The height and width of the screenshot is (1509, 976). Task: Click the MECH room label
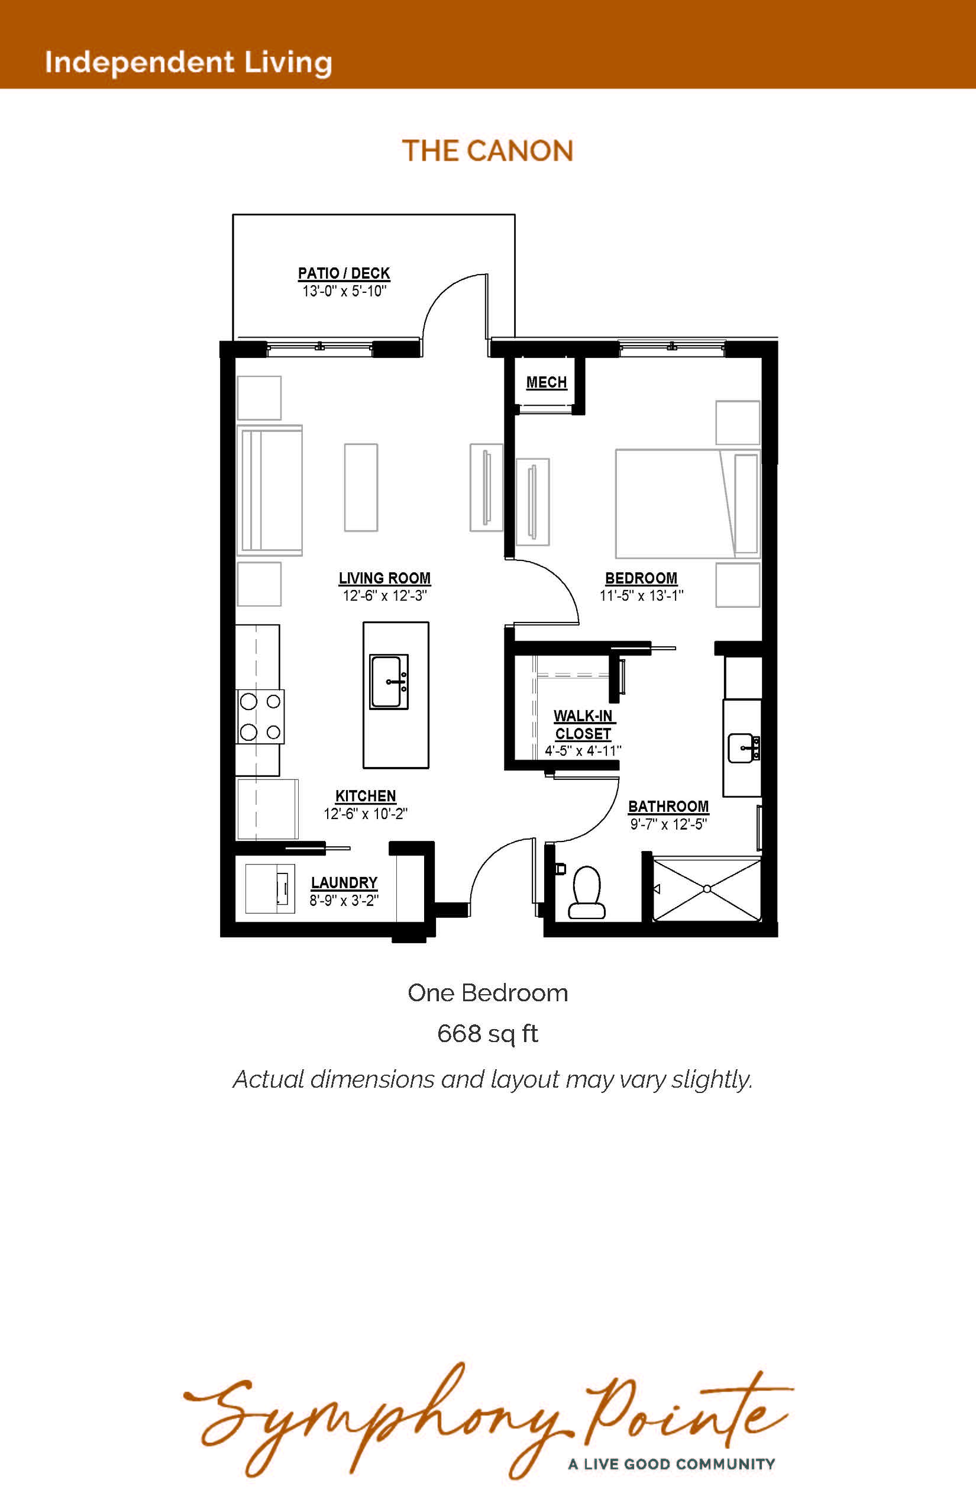point(547,382)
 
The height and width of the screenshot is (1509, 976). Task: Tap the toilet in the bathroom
point(586,893)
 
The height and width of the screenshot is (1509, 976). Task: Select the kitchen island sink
point(389,682)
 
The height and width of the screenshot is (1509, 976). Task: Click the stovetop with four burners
point(260,717)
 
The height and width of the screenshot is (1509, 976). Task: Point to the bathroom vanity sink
point(744,748)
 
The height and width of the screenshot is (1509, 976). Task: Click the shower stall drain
point(707,889)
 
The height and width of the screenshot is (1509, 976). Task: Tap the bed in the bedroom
point(687,504)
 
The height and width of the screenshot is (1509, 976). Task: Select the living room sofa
point(269,490)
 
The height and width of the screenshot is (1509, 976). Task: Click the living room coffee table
point(361,487)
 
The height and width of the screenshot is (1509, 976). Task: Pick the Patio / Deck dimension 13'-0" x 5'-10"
point(344,291)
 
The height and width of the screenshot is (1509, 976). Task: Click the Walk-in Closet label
point(583,725)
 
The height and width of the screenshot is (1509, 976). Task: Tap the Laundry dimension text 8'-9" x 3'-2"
point(344,900)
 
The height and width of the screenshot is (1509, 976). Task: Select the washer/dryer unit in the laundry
point(270,888)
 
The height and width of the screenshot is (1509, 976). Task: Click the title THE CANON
point(487,151)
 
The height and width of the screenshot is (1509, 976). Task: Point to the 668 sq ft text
point(487,1033)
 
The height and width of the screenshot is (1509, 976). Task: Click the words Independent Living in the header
point(188,63)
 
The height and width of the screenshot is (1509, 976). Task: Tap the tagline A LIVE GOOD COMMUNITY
point(672,1464)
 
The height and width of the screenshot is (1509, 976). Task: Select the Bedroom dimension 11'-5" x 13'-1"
point(641,595)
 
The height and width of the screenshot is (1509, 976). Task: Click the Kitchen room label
point(366,796)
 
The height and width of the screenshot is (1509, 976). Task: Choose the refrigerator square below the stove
point(267,809)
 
